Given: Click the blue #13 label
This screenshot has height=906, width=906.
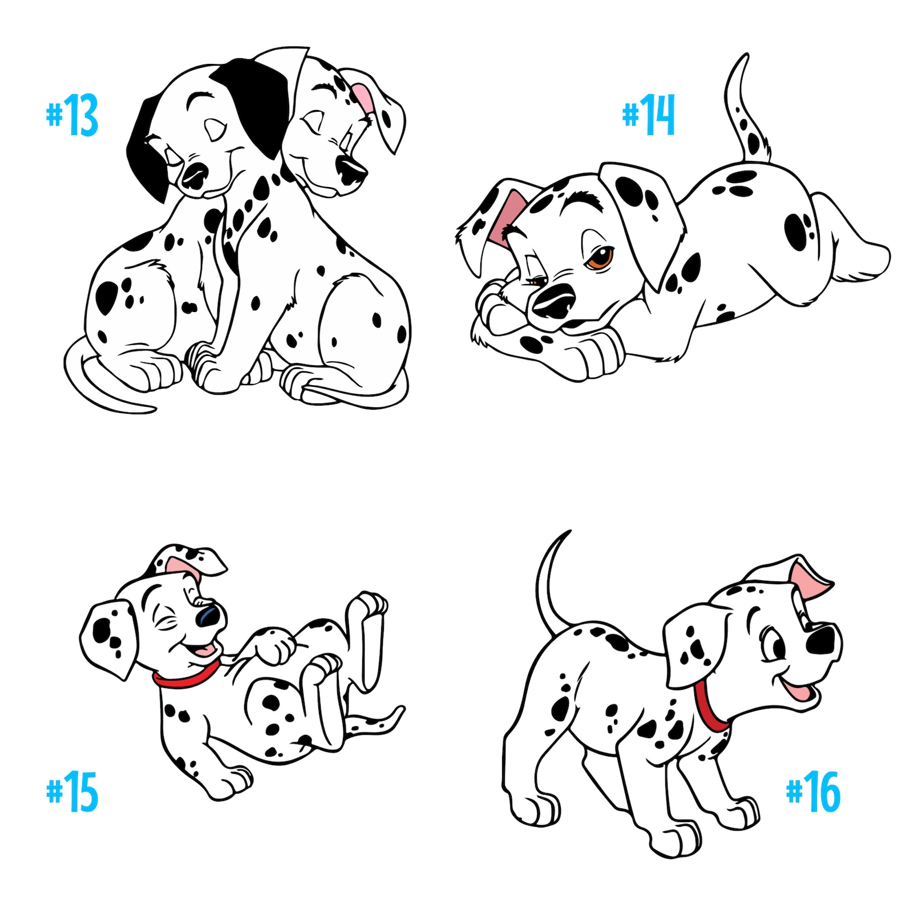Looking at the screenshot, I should (72, 116).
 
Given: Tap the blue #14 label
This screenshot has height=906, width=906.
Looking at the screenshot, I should (649, 116).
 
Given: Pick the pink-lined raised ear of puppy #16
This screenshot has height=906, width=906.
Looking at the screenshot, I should (810, 579).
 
